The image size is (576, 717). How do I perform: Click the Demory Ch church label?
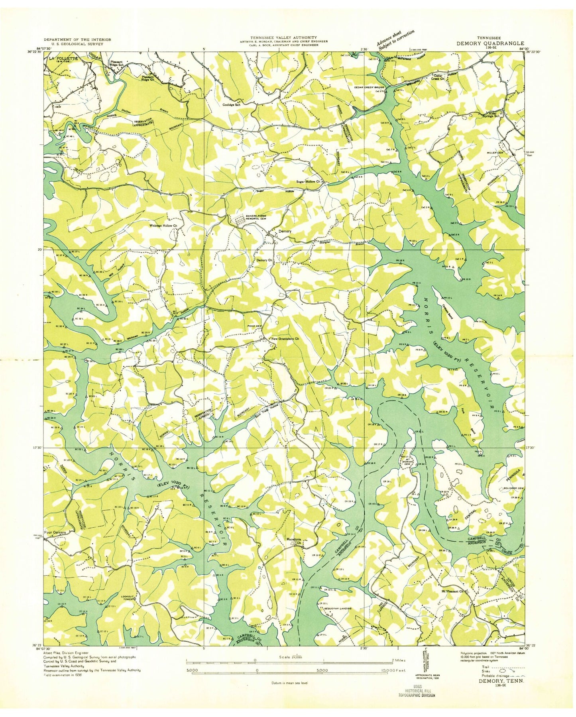coord(264,260)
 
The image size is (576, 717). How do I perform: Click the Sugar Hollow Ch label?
coord(309,181)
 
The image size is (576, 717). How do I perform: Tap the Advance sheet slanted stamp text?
coord(395,38)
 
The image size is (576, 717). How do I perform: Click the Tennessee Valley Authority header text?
coord(283,37)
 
